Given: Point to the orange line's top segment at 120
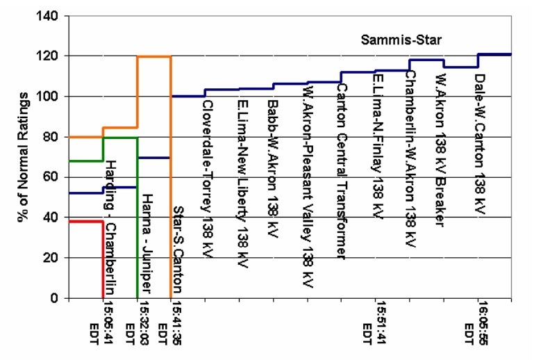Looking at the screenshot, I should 153,56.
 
